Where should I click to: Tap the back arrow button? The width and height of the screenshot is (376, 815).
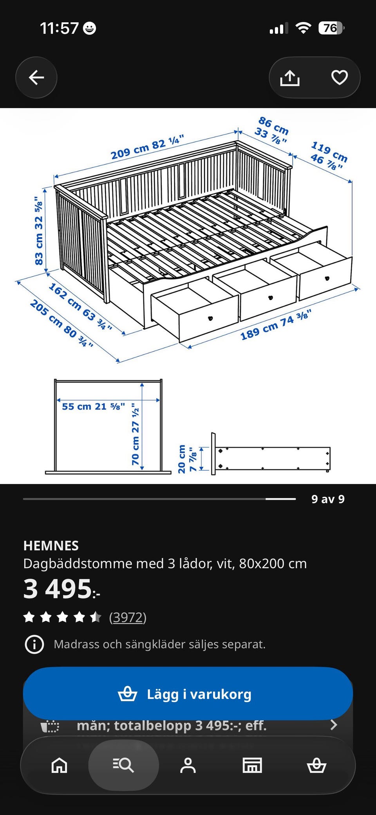pyautogui.click(x=36, y=78)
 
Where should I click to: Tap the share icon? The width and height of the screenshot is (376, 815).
pyautogui.click(x=290, y=78)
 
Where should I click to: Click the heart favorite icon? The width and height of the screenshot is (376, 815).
pyautogui.click(x=340, y=77)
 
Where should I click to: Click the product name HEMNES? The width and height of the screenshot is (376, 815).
pyautogui.click(x=51, y=546)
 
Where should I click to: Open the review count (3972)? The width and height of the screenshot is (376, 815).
pyautogui.click(x=128, y=617)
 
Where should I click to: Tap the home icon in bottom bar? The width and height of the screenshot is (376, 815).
pyautogui.click(x=60, y=765)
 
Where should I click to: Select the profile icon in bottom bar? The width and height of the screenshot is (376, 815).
pyautogui.click(x=188, y=765)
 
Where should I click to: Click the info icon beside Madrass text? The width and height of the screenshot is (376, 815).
pyautogui.click(x=34, y=644)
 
